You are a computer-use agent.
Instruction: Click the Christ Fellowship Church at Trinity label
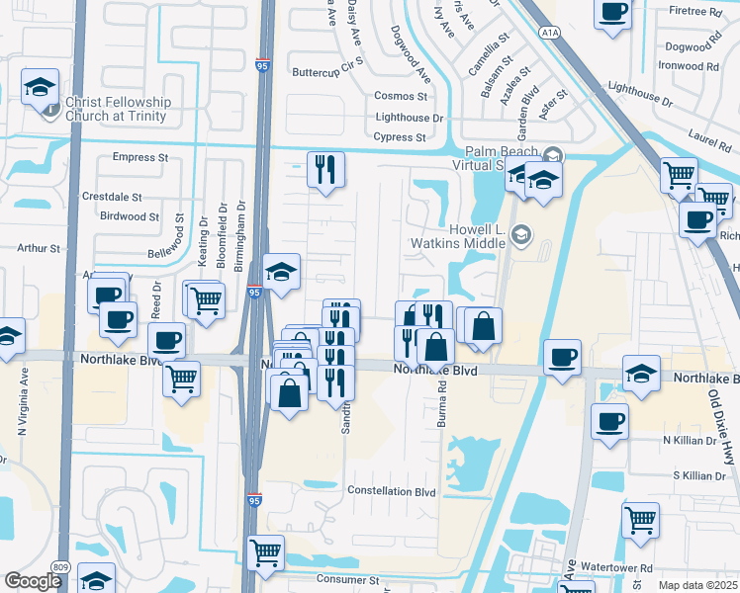click(x=118, y=109)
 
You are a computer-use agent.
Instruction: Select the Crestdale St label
click(x=113, y=197)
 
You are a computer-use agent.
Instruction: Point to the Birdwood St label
click(x=130, y=216)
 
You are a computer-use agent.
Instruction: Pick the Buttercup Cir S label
click(x=327, y=72)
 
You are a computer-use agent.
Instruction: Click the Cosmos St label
click(x=400, y=97)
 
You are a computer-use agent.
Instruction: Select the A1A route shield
click(x=551, y=33)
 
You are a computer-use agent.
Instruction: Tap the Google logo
click(x=33, y=581)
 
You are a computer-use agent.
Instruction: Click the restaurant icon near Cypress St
click(x=325, y=170)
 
